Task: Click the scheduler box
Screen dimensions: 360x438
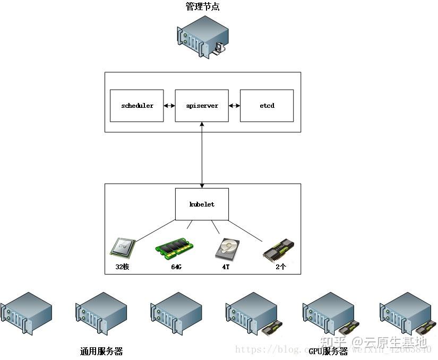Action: pyautogui.click(x=136, y=106)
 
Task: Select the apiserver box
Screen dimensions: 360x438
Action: pyautogui.click(x=202, y=106)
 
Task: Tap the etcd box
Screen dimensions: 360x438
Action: pyautogui.click(x=267, y=106)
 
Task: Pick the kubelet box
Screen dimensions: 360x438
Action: pyautogui.click(x=202, y=204)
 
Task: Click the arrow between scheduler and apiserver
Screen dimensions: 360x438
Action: pyautogui.click(x=169, y=106)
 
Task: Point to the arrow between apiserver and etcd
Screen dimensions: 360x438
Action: pyautogui.click(x=235, y=106)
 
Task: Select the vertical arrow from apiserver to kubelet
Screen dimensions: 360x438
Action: pyautogui.click(x=202, y=154)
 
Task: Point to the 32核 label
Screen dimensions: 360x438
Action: pyautogui.click(x=122, y=267)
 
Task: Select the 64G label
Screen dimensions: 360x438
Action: pyautogui.click(x=176, y=267)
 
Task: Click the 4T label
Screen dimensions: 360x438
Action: pyautogui.click(x=226, y=267)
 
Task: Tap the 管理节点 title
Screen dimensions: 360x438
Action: pyautogui.click(x=202, y=7)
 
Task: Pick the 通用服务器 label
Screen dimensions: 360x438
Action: pyautogui.click(x=101, y=351)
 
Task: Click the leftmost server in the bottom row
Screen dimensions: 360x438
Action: pyautogui.click(x=27, y=313)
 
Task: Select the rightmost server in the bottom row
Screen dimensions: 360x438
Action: pyautogui.click(x=406, y=313)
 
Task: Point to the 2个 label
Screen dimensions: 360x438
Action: pyautogui.click(x=281, y=267)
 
